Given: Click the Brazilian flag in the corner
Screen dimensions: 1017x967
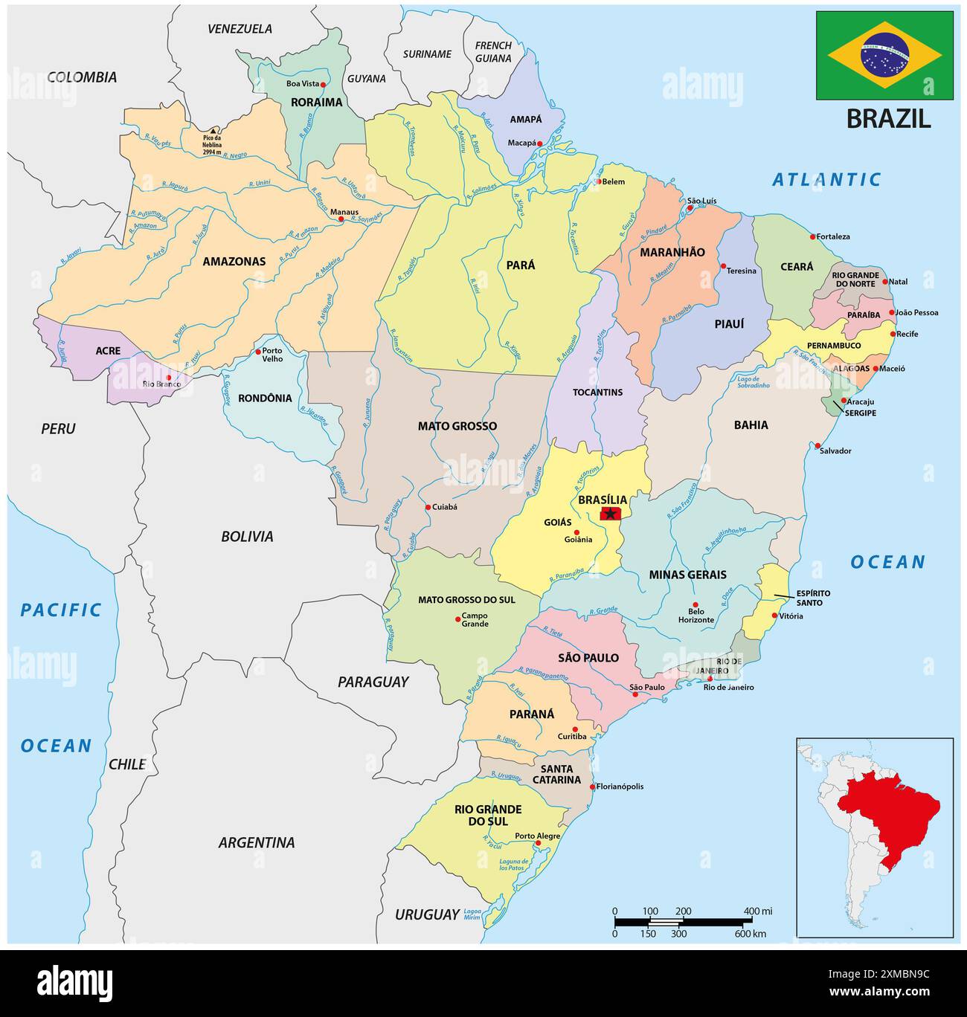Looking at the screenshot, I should pos(884,56).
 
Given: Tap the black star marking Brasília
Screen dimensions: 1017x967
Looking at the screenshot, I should pos(611,514).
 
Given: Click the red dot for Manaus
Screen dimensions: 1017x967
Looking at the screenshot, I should pos(341,219).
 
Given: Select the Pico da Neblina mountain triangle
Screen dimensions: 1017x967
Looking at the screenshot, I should pos(213,130).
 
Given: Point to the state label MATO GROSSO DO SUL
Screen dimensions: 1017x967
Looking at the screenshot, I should pos(466,599).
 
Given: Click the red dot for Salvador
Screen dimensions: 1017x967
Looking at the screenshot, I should pos(817,445).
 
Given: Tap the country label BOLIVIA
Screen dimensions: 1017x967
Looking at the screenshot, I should pos(247,536).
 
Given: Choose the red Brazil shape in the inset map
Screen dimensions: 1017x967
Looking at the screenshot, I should pos(889,810).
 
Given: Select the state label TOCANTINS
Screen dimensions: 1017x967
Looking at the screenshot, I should pos(597,392).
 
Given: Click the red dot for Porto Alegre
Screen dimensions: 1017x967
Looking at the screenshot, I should pos(538,843).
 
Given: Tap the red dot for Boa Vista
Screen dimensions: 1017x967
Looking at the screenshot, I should pos(323,85).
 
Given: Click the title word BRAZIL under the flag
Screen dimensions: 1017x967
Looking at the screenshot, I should pos(888,119).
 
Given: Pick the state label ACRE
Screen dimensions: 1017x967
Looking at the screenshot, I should pos(108,350).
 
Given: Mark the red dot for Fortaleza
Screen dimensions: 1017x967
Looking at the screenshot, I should pos(812,237).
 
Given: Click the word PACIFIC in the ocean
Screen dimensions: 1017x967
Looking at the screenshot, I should pos(60,610).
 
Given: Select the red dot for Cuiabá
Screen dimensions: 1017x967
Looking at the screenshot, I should pos(428,508).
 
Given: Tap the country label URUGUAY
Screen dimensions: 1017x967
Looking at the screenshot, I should pos(427,914).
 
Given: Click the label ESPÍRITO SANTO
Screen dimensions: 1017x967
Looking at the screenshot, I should pos(803,598).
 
